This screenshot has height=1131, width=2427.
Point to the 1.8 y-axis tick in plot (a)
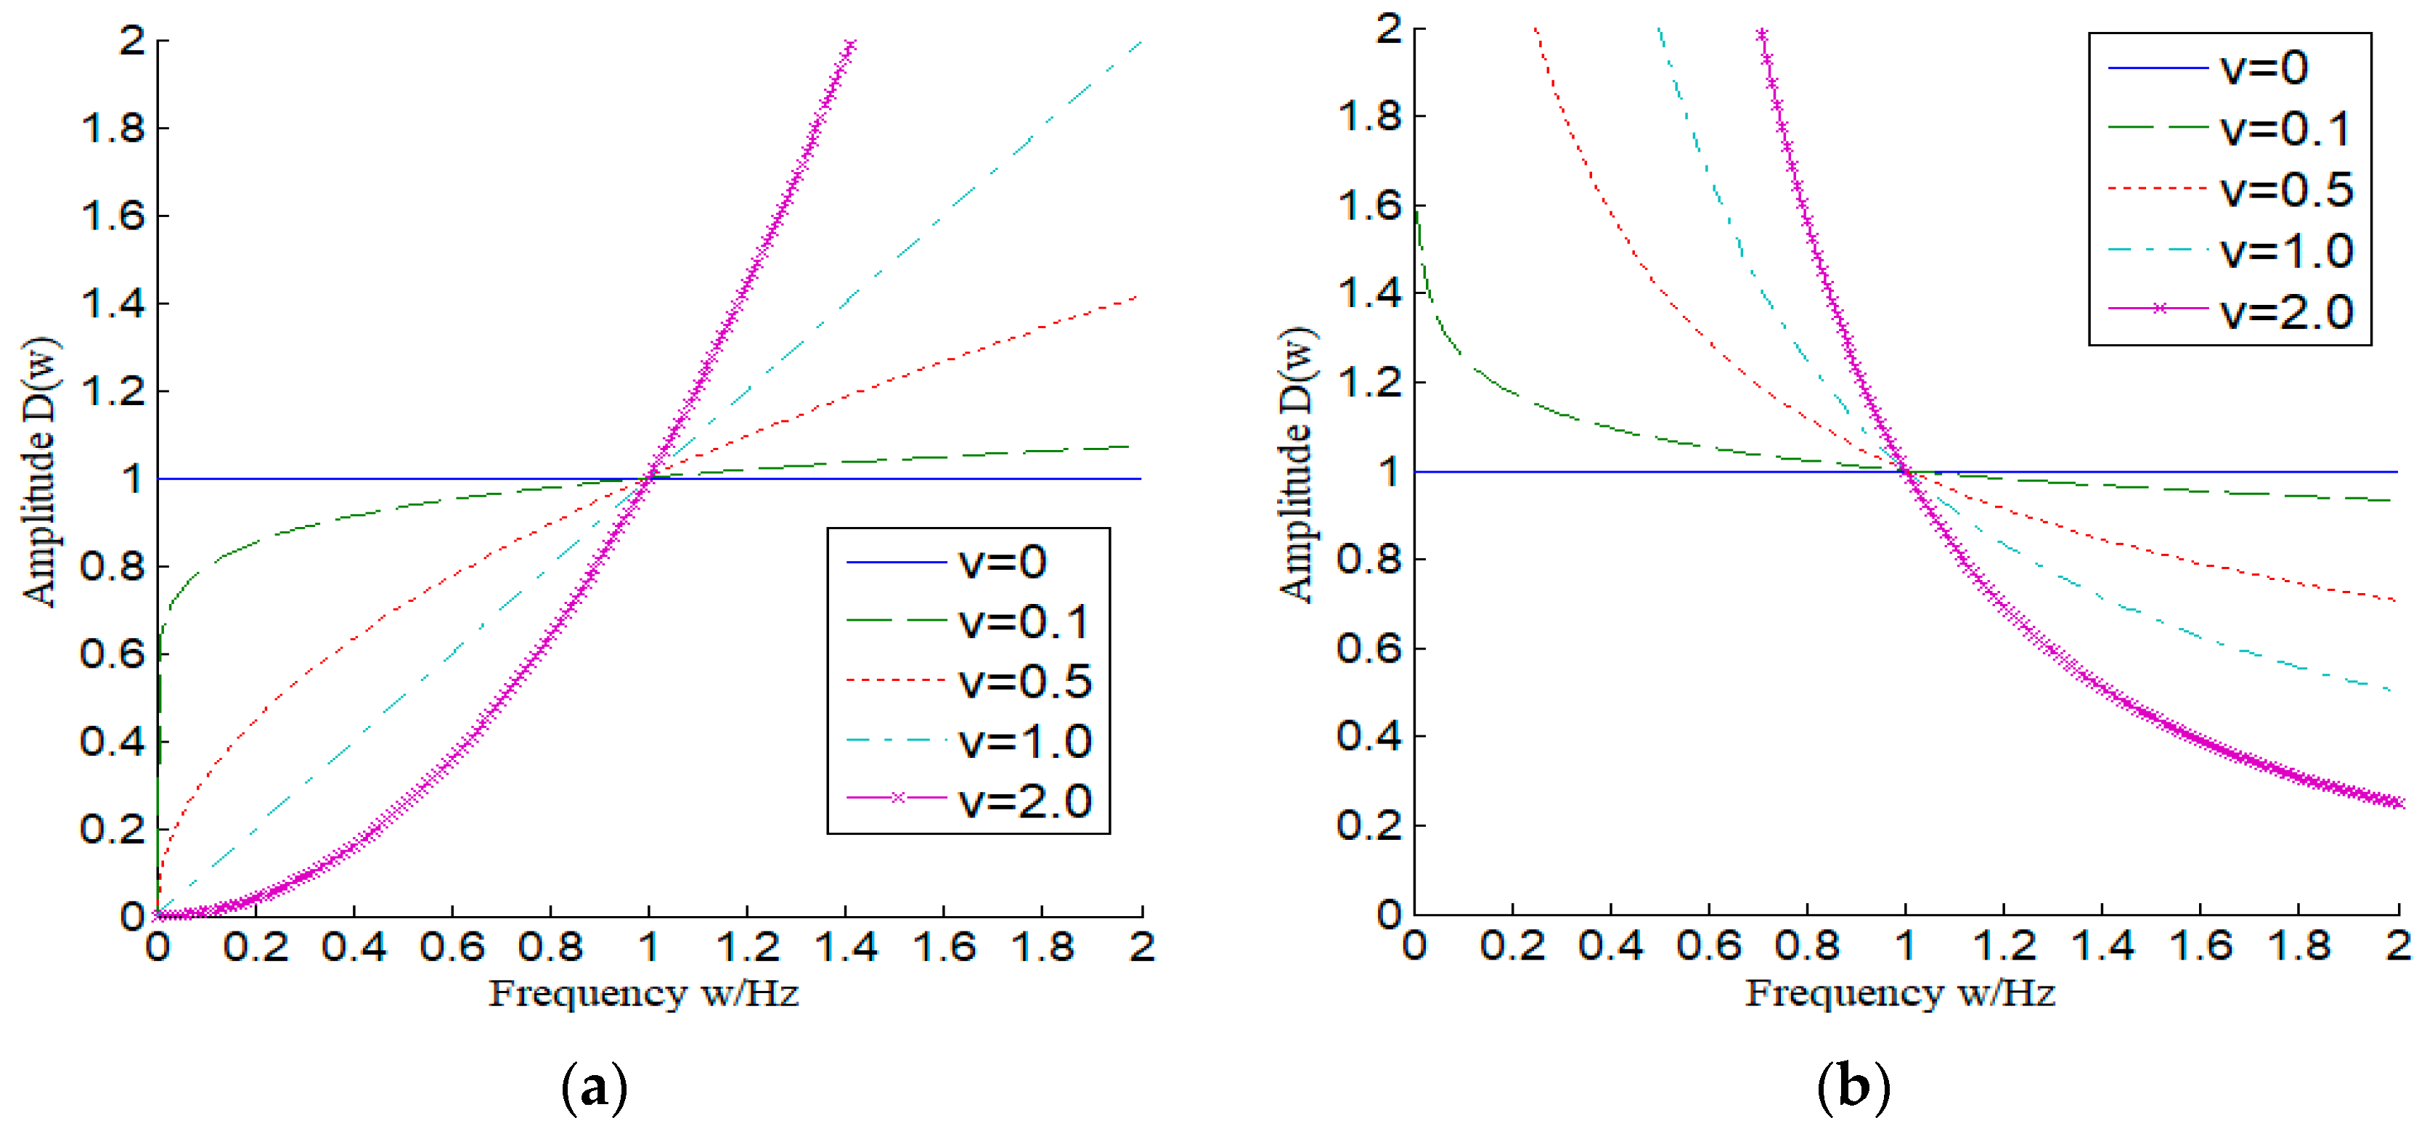(113, 128)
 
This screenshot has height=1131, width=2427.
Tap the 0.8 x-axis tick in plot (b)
(1806, 944)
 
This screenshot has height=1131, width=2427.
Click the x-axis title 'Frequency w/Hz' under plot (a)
(643, 994)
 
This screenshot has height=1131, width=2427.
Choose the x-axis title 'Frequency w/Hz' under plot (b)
(1901, 994)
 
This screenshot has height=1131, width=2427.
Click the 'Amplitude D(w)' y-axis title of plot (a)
(40, 471)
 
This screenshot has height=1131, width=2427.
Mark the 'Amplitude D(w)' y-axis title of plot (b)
(1297, 465)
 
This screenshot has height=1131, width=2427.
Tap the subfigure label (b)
(1852, 1087)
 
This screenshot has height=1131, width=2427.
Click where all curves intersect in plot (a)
(649, 478)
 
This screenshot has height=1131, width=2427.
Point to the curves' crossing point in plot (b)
(1906, 471)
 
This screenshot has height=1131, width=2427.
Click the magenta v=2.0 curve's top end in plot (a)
(851, 44)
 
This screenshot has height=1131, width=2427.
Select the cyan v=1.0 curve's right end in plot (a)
(1141, 41)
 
